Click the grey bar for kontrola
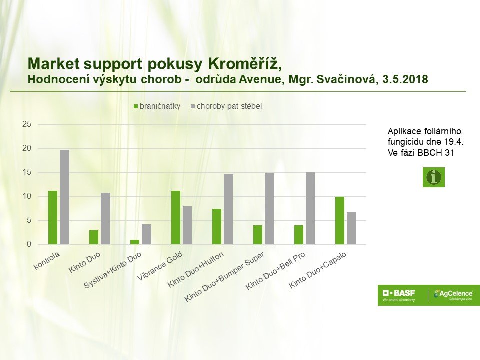click(x=64, y=197)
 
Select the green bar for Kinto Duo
click(x=94, y=237)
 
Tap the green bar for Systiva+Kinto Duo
click(x=135, y=242)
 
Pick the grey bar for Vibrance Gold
click(x=187, y=225)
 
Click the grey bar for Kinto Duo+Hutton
click(x=228, y=209)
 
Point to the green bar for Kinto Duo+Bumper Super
click(x=258, y=235)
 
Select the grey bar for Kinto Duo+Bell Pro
click(x=310, y=209)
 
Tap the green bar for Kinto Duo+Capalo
click(x=340, y=220)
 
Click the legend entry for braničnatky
click(x=157, y=106)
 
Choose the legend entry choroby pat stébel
click(x=226, y=106)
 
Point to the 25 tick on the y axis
click(x=27, y=124)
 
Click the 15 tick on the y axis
click(x=27, y=172)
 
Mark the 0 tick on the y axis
click(x=29, y=244)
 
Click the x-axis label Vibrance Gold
click(x=160, y=265)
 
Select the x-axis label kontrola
click(x=47, y=261)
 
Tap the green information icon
click(x=434, y=177)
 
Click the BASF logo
click(x=399, y=295)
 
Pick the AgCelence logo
click(x=454, y=295)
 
